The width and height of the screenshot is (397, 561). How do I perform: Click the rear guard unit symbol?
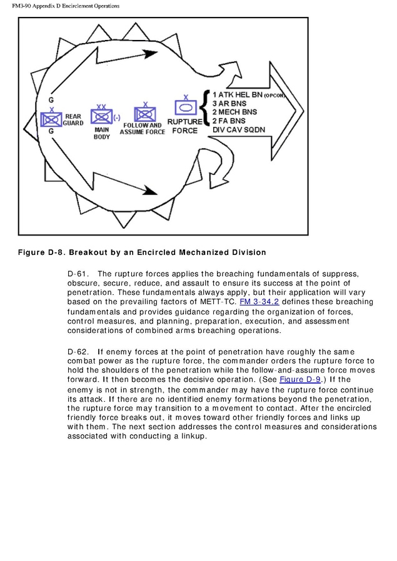point(49,118)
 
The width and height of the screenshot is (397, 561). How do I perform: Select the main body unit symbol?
point(100,116)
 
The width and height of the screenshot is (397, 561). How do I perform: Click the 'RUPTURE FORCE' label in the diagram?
point(184,126)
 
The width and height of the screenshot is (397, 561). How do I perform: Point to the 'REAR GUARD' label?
point(73,119)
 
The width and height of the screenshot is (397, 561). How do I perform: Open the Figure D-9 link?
point(298,379)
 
